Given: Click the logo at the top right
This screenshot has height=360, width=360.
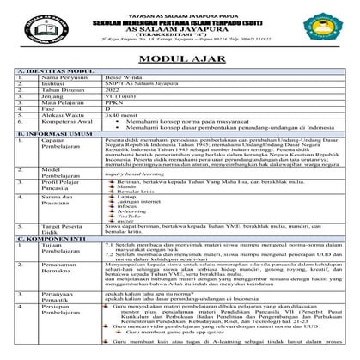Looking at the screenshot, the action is point(331,27).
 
